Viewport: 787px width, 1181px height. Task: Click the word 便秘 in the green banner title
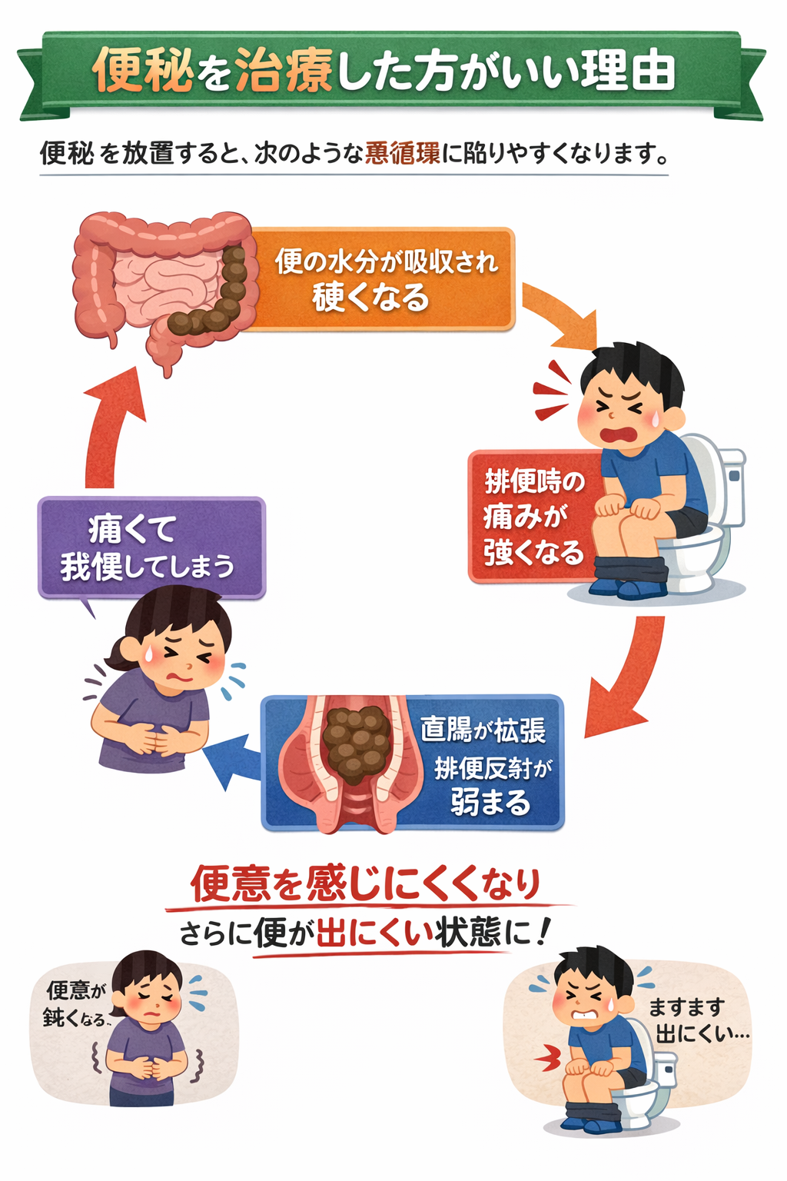click(x=142, y=71)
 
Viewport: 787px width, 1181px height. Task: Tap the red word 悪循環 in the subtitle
click(x=403, y=153)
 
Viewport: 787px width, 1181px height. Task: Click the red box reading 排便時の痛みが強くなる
click(x=532, y=517)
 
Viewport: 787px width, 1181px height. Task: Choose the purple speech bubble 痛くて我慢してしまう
click(x=151, y=547)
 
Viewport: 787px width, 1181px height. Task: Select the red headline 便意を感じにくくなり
click(x=366, y=884)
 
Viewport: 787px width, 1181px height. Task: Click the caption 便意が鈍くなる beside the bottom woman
click(x=75, y=1003)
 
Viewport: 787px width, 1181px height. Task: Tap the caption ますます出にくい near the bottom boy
click(x=696, y=1020)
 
